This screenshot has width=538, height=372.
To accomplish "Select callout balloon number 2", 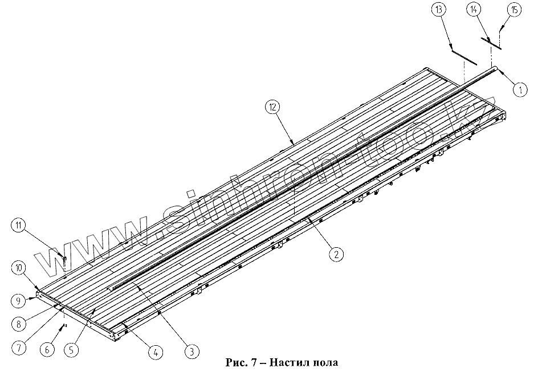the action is coord(337,255).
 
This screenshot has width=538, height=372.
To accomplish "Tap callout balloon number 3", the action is coord(193,352).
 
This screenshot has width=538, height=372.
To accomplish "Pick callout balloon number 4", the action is coord(153,352).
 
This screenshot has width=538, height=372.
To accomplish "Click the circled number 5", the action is coord(71,350).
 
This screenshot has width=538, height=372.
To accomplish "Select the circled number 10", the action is coord(18,267).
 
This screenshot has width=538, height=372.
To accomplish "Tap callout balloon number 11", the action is coord(19,226).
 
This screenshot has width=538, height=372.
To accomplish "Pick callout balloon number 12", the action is coord(272,105).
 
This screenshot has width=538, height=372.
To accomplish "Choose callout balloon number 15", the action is coord(513,10).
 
